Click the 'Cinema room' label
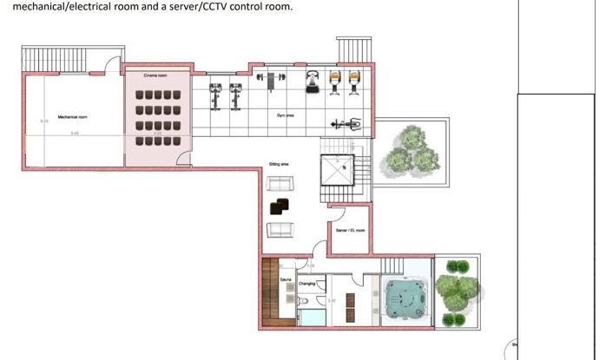point(155,76)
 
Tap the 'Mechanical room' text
point(72,116)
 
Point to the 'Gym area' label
point(285,115)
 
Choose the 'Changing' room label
point(307,283)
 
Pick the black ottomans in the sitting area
point(280,206)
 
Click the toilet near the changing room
point(304,303)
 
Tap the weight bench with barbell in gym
point(270,79)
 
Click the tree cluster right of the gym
point(410,149)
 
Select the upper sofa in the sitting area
point(280,184)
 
